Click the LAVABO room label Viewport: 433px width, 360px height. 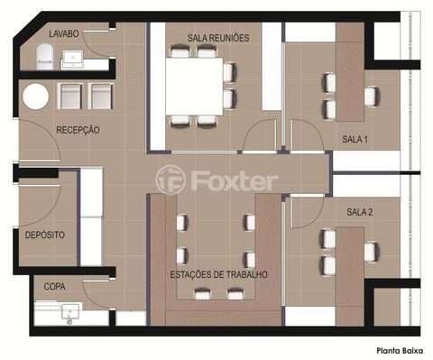point(64,33)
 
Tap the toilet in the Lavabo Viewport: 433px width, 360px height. point(45,57)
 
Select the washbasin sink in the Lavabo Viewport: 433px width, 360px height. point(73,58)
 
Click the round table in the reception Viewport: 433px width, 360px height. point(35,97)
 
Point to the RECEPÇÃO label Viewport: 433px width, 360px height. point(78,130)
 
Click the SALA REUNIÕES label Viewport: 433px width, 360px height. point(218,38)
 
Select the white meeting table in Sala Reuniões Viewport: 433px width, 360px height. point(194,87)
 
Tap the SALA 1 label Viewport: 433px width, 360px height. point(355,139)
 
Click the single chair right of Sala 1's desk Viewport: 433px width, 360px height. point(373,97)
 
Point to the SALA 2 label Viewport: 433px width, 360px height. point(360,212)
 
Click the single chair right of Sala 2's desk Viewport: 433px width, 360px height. point(373,252)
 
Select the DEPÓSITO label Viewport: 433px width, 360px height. point(45,235)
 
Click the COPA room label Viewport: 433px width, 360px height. point(54,287)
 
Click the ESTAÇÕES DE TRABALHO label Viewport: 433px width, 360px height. point(218,274)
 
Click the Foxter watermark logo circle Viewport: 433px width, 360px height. point(170,180)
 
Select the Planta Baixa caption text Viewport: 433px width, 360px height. point(400,351)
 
